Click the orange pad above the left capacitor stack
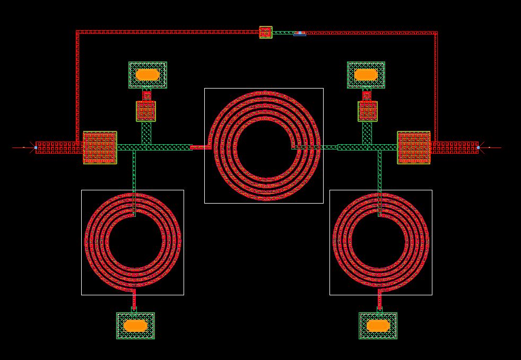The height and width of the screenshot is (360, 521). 147,74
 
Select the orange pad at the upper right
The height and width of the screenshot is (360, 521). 366,74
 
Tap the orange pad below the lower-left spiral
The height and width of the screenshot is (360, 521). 135,325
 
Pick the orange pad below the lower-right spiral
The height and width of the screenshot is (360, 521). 378,325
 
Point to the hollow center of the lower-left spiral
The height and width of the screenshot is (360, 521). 133,241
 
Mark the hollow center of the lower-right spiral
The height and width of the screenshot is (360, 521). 380,241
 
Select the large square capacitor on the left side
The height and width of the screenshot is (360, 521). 100,147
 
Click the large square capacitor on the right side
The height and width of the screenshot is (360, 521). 414,147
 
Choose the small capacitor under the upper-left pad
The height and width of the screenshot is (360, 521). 146,111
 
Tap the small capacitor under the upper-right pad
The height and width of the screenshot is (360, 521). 368,111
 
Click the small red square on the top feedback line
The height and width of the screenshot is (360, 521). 266,32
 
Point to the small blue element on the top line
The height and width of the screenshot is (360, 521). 300,33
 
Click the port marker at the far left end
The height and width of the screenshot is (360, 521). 36,147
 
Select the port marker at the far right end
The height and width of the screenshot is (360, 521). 478,147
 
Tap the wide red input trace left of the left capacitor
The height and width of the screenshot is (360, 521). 59,147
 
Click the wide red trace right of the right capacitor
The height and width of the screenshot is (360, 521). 454,147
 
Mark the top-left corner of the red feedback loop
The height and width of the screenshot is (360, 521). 77,32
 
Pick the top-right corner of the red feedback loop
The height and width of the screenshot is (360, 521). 436,33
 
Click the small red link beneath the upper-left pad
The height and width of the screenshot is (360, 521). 146,95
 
